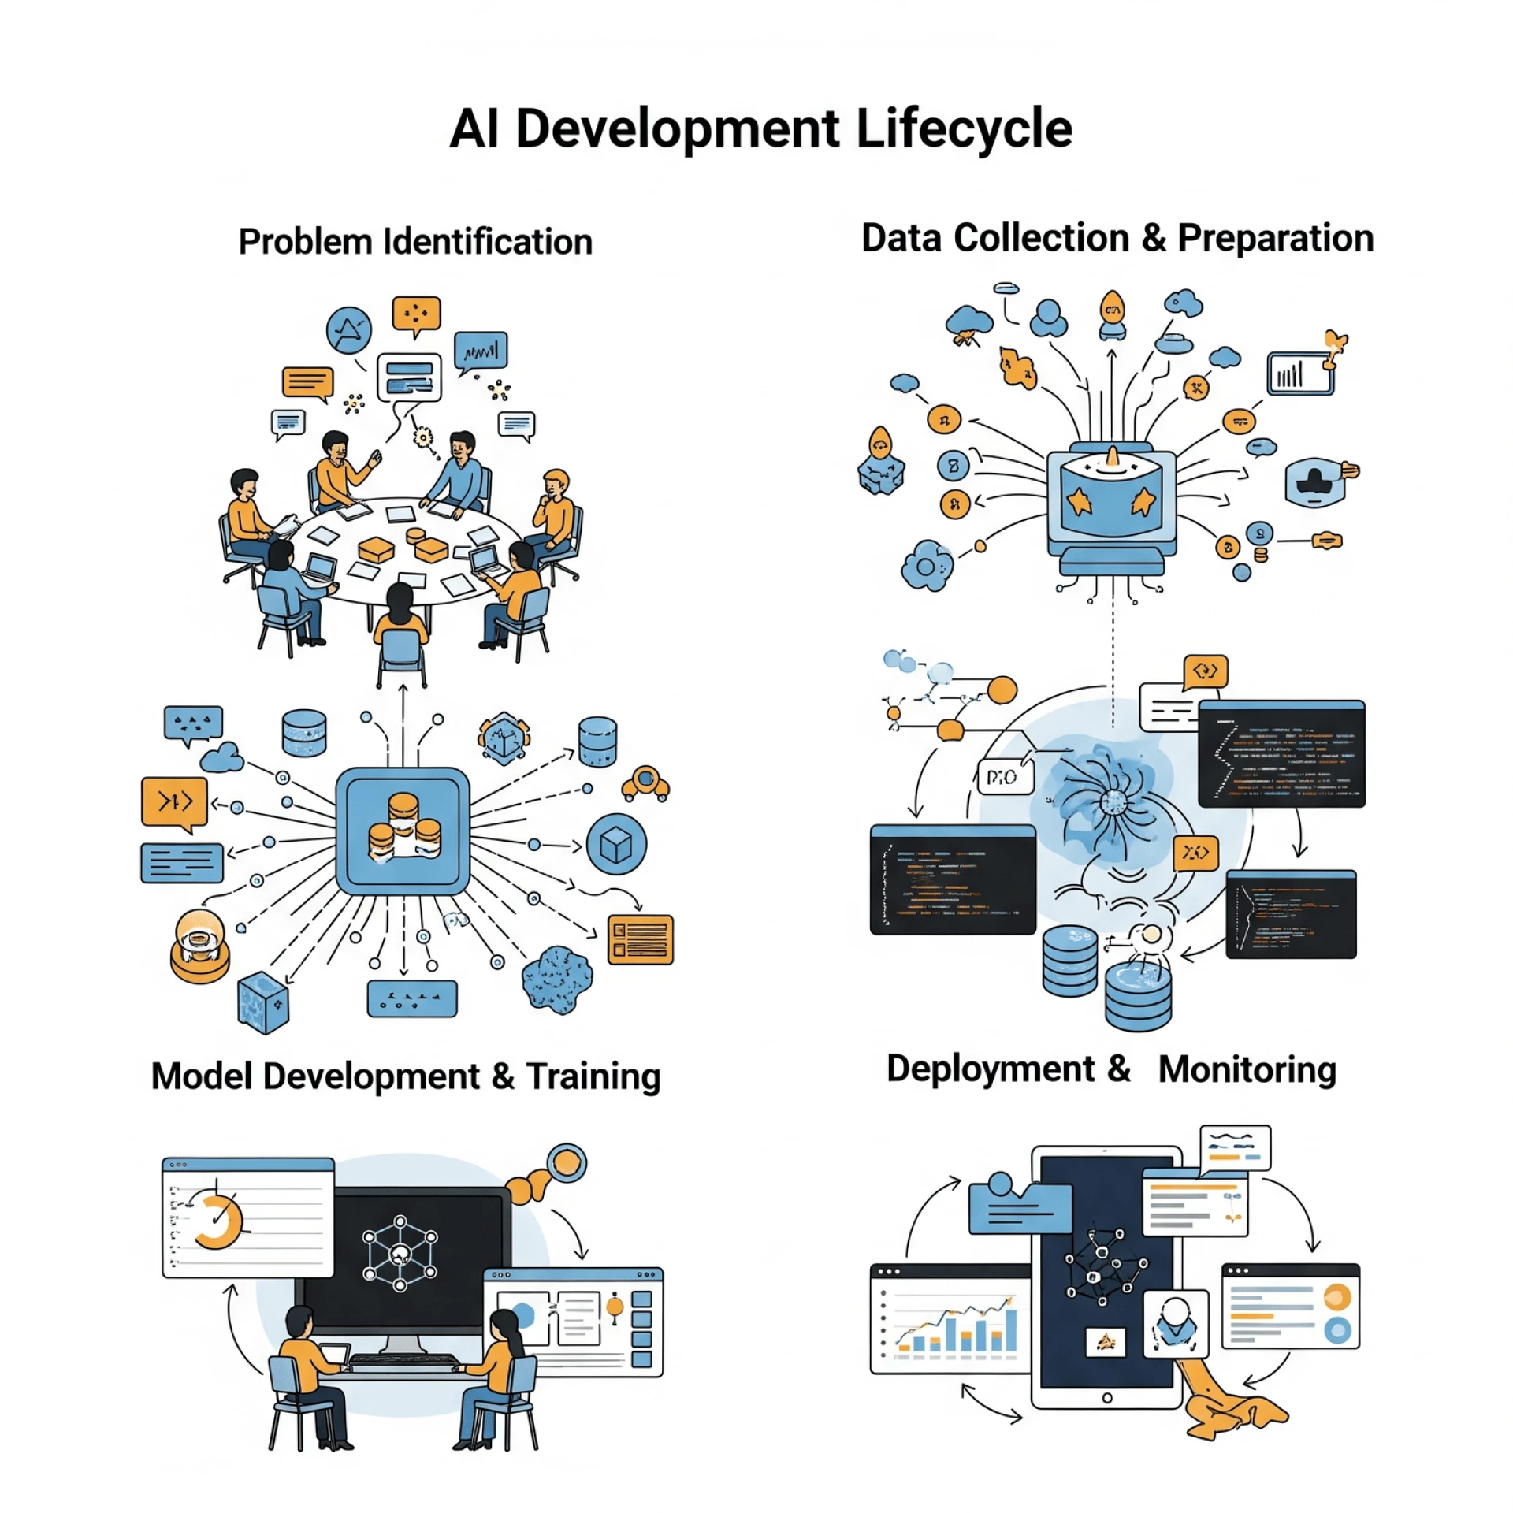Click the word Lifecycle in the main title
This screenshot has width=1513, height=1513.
(963, 128)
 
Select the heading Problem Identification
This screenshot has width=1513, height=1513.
(415, 242)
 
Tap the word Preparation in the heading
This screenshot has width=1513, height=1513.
(1275, 238)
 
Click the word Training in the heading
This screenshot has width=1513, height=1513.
(593, 1076)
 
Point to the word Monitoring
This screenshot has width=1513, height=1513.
(1247, 1069)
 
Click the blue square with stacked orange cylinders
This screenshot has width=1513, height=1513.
(403, 830)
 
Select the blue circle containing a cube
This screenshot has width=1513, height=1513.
(616, 844)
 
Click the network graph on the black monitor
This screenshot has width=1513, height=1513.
(400, 1253)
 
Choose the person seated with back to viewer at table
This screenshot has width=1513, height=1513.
(401, 623)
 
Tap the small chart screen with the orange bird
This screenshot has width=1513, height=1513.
(1300, 372)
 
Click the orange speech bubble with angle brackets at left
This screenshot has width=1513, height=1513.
(174, 802)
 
